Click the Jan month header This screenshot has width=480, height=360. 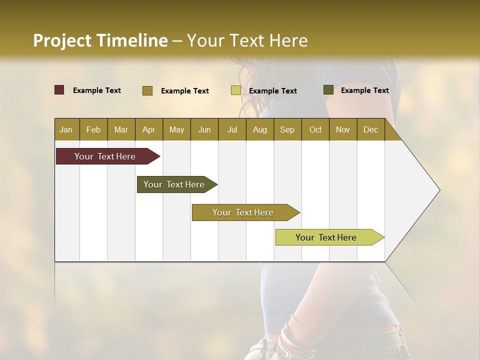click(66, 129)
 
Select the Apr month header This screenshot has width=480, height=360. click(148, 129)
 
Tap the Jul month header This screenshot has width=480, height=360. click(232, 129)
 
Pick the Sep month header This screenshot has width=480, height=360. click(287, 129)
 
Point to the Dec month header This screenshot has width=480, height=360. click(370, 129)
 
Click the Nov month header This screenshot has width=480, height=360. click(342, 129)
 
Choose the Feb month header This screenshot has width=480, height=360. click(93, 129)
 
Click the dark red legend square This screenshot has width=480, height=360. click(59, 90)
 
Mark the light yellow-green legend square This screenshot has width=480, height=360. click(236, 90)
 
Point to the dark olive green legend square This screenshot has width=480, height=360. click(328, 90)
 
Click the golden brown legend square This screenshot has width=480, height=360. click(147, 90)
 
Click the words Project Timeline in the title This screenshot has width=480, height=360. click(100, 40)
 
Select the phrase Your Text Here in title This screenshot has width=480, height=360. click(247, 40)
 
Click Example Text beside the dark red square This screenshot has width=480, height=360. click(97, 90)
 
